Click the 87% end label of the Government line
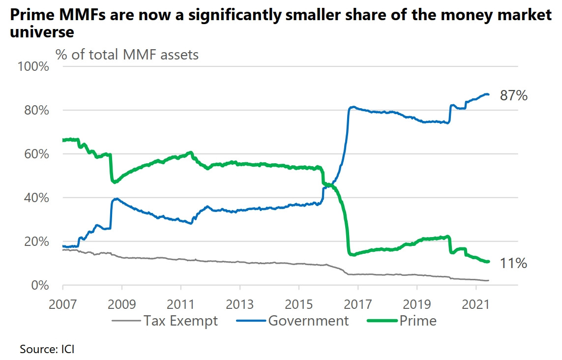tap(513, 96)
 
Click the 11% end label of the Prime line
tap(513, 264)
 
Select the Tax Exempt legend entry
tap(180, 321)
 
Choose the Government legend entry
tap(308, 321)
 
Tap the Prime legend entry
tap(418, 321)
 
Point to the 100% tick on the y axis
tap(33, 66)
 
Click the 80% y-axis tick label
tap(35, 110)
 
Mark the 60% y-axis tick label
tap(35, 154)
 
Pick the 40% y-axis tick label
tap(35, 198)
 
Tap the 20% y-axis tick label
tap(35, 241)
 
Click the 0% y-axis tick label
tap(40, 286)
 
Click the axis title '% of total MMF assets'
tap(127, 54)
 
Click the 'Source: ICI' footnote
tap(47, 350)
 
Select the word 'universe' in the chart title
tap(42, 32)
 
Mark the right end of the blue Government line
tap(488, 94)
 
